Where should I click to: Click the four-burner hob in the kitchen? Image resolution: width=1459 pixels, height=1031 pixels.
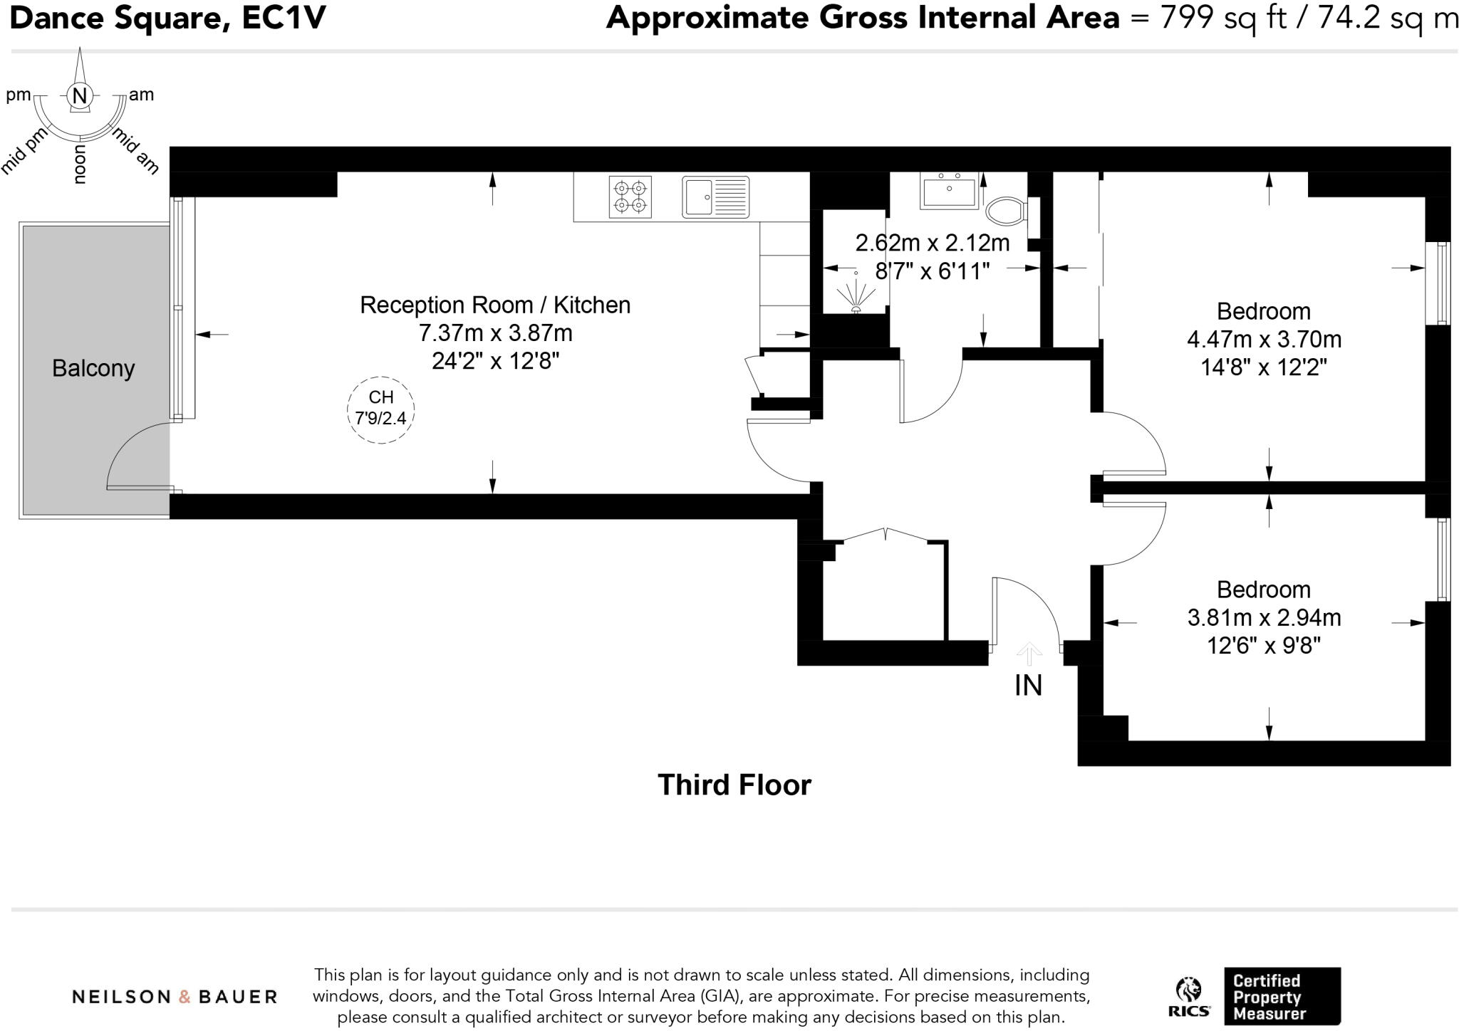[x=630, y=197]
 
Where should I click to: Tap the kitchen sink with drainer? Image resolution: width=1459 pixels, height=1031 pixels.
[x=715, y=197]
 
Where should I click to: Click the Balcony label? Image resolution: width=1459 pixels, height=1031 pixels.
[x=93, y=369]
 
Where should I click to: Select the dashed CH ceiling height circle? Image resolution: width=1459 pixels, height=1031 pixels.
[x=381, y=409]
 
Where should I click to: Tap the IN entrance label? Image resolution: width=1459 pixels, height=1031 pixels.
[x=1028, y=686]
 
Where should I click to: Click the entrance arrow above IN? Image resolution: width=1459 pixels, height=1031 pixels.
[x=1029, y=652]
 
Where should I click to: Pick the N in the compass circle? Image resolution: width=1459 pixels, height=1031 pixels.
[x=80, y=95]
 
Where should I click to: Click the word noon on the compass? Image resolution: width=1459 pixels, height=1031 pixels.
[x=80, y=164]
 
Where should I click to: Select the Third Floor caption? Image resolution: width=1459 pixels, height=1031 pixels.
[x=734, y=785]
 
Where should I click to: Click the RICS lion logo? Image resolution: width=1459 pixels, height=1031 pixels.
[x=1188, y=995]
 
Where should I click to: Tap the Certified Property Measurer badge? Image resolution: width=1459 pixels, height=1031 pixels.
[x=1282, y=996]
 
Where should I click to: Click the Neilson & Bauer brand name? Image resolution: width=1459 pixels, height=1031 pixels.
[x=175, y=997]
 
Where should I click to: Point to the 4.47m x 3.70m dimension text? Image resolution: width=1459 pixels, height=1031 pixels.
[x=1264, y=340]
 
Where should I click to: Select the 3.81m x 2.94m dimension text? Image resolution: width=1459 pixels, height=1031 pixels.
[x=1264, y=618]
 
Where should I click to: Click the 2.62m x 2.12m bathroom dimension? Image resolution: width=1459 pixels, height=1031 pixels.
[x=932, y=244]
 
